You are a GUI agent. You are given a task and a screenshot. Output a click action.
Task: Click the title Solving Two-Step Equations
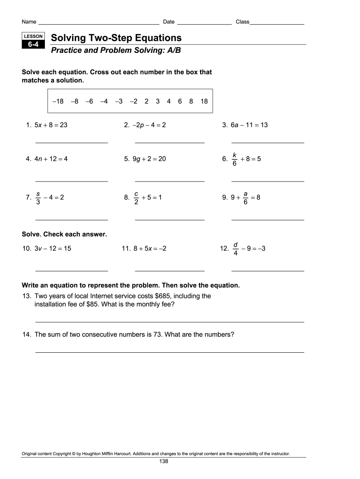pos(116,37)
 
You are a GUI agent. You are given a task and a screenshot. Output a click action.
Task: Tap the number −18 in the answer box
pos(58,101)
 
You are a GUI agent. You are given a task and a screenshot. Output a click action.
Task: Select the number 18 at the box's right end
pos(204,101)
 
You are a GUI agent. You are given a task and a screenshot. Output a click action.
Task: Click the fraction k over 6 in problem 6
pos(234,159)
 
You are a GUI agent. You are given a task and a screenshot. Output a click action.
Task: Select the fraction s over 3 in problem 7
pos(38,197)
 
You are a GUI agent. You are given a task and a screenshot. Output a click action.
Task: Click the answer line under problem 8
pos(169,219)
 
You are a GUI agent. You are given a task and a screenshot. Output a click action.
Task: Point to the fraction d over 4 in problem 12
pos(236,249)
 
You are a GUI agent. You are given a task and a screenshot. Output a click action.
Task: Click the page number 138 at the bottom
pos(163,461)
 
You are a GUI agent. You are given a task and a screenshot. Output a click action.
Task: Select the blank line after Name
pos(99,23)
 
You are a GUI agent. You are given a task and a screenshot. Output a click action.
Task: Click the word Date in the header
pos(169,22)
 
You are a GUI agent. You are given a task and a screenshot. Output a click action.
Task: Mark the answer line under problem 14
pos(169,352)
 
